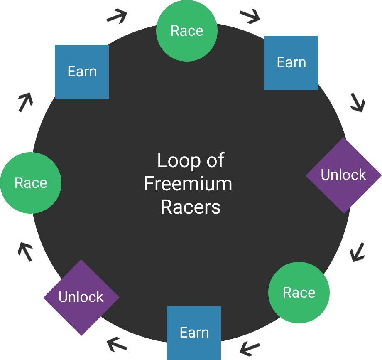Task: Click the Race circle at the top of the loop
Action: pos(187,31)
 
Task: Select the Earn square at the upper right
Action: pos(291,62)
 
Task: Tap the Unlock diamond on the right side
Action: pos(343,175)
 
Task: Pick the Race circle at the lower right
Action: pos(299,293)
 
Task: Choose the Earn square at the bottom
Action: pos(194,333)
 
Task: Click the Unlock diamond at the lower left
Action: pos(81,297)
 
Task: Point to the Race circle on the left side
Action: pos(31,183)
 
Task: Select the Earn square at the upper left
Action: pos(82,72)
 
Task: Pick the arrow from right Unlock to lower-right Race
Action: pos(357,252)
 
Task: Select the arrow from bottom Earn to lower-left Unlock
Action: pos(117,345)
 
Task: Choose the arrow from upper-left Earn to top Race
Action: pos(117,16)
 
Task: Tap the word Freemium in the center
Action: pos(188,184)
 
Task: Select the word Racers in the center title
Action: pos(190,207)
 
